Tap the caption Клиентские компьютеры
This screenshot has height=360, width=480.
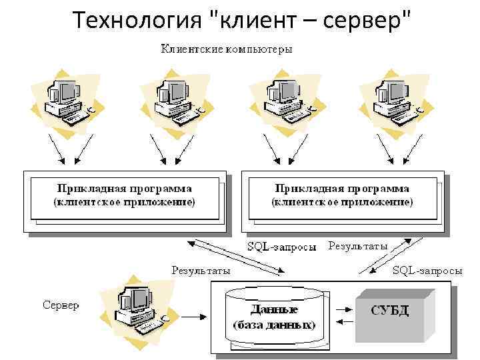coord(226,49)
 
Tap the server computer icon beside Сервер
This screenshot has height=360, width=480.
coord(139,308)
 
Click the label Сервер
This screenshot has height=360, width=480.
coord(61,305)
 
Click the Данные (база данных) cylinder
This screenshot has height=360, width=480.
coord(274,317)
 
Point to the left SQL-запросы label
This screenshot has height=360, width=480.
coord(282,246)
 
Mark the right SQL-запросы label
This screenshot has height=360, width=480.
coord(427,270)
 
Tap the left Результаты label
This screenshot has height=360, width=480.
coord(201,270)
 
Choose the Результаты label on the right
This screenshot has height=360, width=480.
coord(358,246)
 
